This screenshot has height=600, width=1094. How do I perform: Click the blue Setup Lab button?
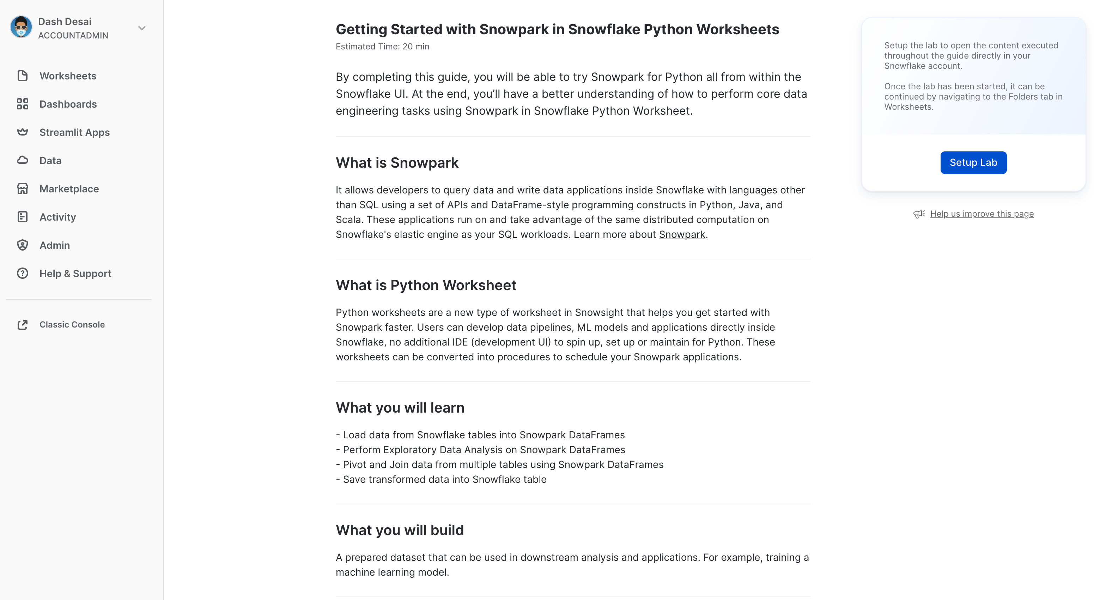(x=973, y=162)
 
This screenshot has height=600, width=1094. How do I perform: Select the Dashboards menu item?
(x=68, y=104)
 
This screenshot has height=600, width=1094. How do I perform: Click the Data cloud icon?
(x=23, y=160)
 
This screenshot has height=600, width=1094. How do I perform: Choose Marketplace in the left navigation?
(x=69, y=189)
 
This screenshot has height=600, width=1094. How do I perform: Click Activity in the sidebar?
(x=57, y=217)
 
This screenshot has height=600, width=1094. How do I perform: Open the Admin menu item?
(x=54, y=245)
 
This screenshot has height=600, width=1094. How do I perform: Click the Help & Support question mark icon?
(x=23, y=273)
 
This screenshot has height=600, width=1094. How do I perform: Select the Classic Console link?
(x=72, y=324)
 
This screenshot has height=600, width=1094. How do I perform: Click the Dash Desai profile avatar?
(x=21, y=28)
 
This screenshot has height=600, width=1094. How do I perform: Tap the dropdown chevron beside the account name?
(x=142, y=28)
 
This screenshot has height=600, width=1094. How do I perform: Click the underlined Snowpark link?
(x=682, y=235)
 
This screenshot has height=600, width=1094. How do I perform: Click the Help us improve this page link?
(x=981, y=214)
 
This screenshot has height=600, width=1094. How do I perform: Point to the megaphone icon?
(x=919, y=214)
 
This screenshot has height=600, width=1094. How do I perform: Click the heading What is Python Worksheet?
(x=426, y=285)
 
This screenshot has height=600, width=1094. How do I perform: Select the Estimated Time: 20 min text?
(x=382, y=46)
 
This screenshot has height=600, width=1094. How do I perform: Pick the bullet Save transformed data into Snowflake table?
(x=444, y=479)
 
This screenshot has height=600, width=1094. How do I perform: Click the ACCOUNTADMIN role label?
(x=73, y=35)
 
